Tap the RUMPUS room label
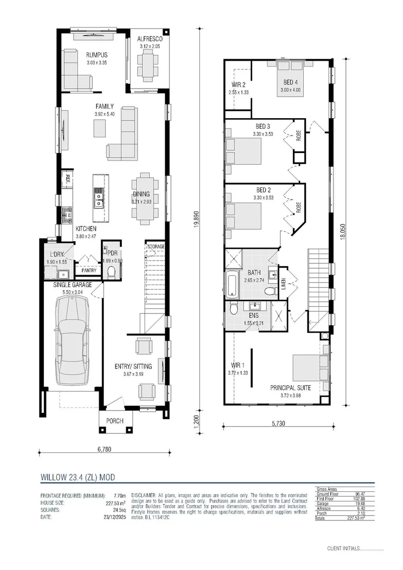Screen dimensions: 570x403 [97, 55]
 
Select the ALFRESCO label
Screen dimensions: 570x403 [149, 39]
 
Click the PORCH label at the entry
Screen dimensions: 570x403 [115, 421]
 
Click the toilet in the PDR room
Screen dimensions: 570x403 [111, 272]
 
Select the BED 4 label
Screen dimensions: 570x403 [290, 82]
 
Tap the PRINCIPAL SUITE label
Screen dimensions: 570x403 [291, 387]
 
